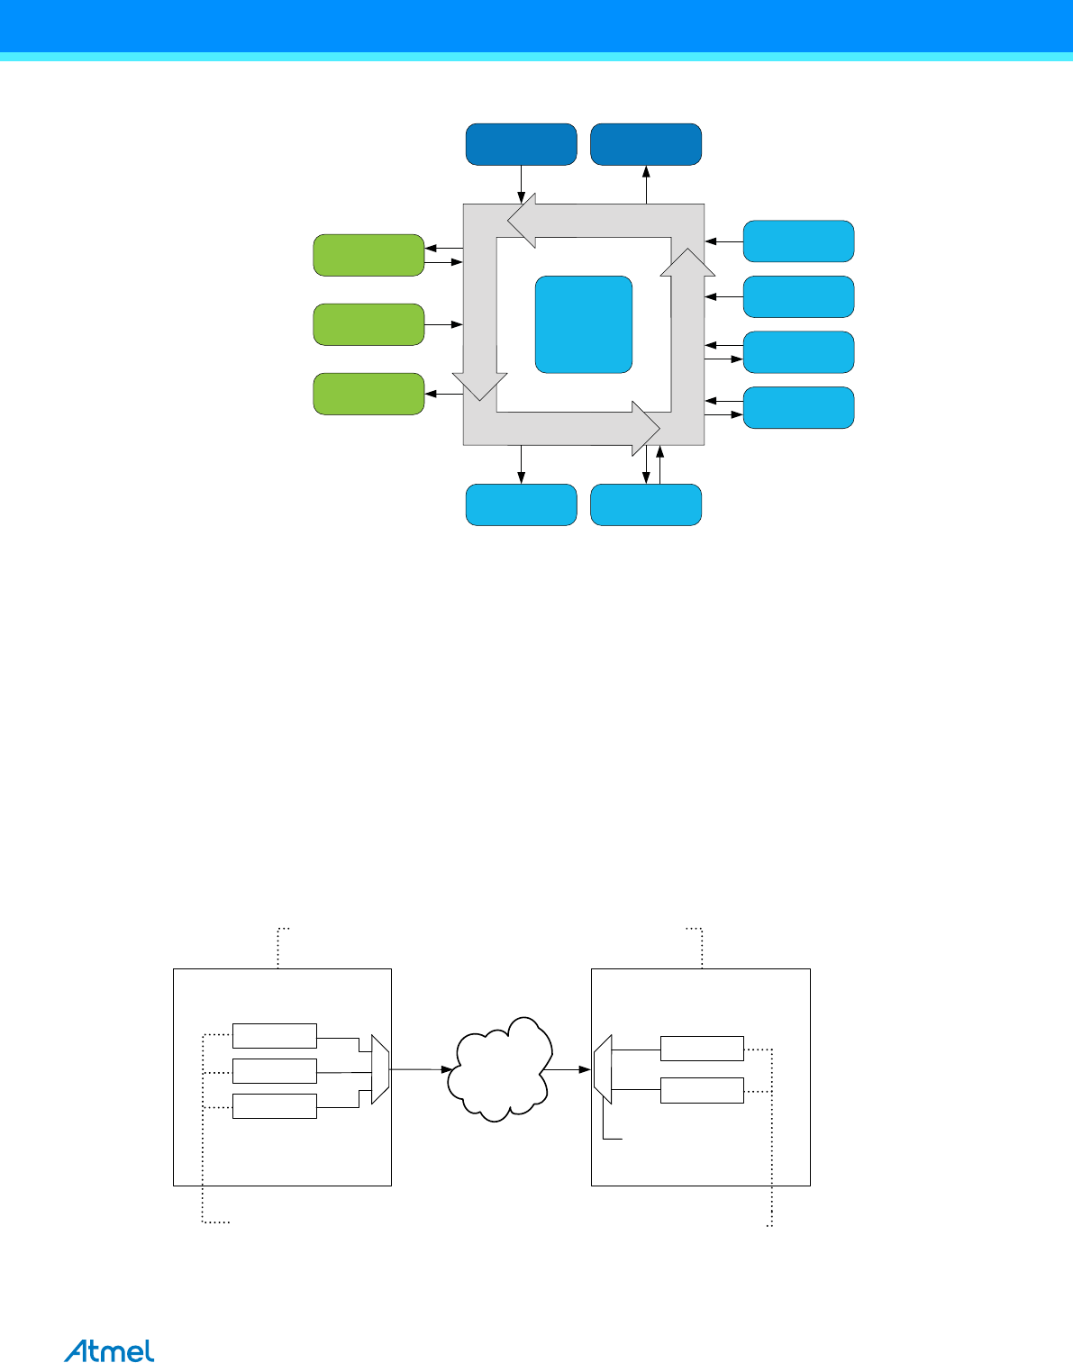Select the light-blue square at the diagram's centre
(x=583, y=324)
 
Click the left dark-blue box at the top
(x=521, y=144)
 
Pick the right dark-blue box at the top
(x=645, y=144)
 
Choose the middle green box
(x=368, y=324)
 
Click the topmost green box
(x=368, y=255)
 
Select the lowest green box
(x=368, y=394)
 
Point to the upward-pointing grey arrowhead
(x=688, y=263)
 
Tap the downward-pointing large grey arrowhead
(x=478, y=386)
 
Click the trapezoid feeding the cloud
(x=380, y=1069)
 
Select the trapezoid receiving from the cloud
(x=603, y=1069)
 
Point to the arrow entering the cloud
(x=420, y=1069)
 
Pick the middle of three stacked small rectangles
(x=274, y=1071)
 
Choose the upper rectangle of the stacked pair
(x=702, y=1049)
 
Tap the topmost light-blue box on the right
(x=798, y=241)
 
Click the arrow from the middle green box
(x=443, y=324)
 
